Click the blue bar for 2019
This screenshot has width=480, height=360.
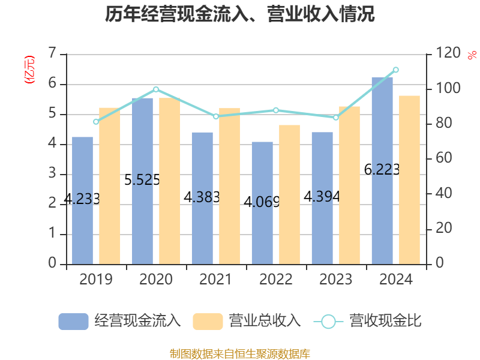tap(83, 200)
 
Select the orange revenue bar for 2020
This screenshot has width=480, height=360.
tap(169, 181)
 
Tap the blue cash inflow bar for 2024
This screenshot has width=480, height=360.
tap(382, 170)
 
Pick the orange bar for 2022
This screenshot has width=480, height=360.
tap(289, 194)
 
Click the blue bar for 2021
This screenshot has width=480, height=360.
tap(203, 198)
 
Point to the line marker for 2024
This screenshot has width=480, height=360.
tap(395, 70)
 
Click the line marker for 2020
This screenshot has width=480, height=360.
tap(156, 89)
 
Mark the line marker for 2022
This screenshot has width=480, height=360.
tap(276, 110)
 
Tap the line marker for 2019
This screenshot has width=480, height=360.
tap(96, 122)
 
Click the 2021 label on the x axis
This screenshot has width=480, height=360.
tap(216, 280)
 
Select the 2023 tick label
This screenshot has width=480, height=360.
tap(336, 280)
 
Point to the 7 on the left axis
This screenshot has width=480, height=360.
tap(52, 54)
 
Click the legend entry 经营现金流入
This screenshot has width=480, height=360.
tap(120, 321)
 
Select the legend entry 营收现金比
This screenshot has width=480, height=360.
tap(367, 321)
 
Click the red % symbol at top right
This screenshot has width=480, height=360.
tap(472, 56)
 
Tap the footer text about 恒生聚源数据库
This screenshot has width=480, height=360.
tap(240, 353)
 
